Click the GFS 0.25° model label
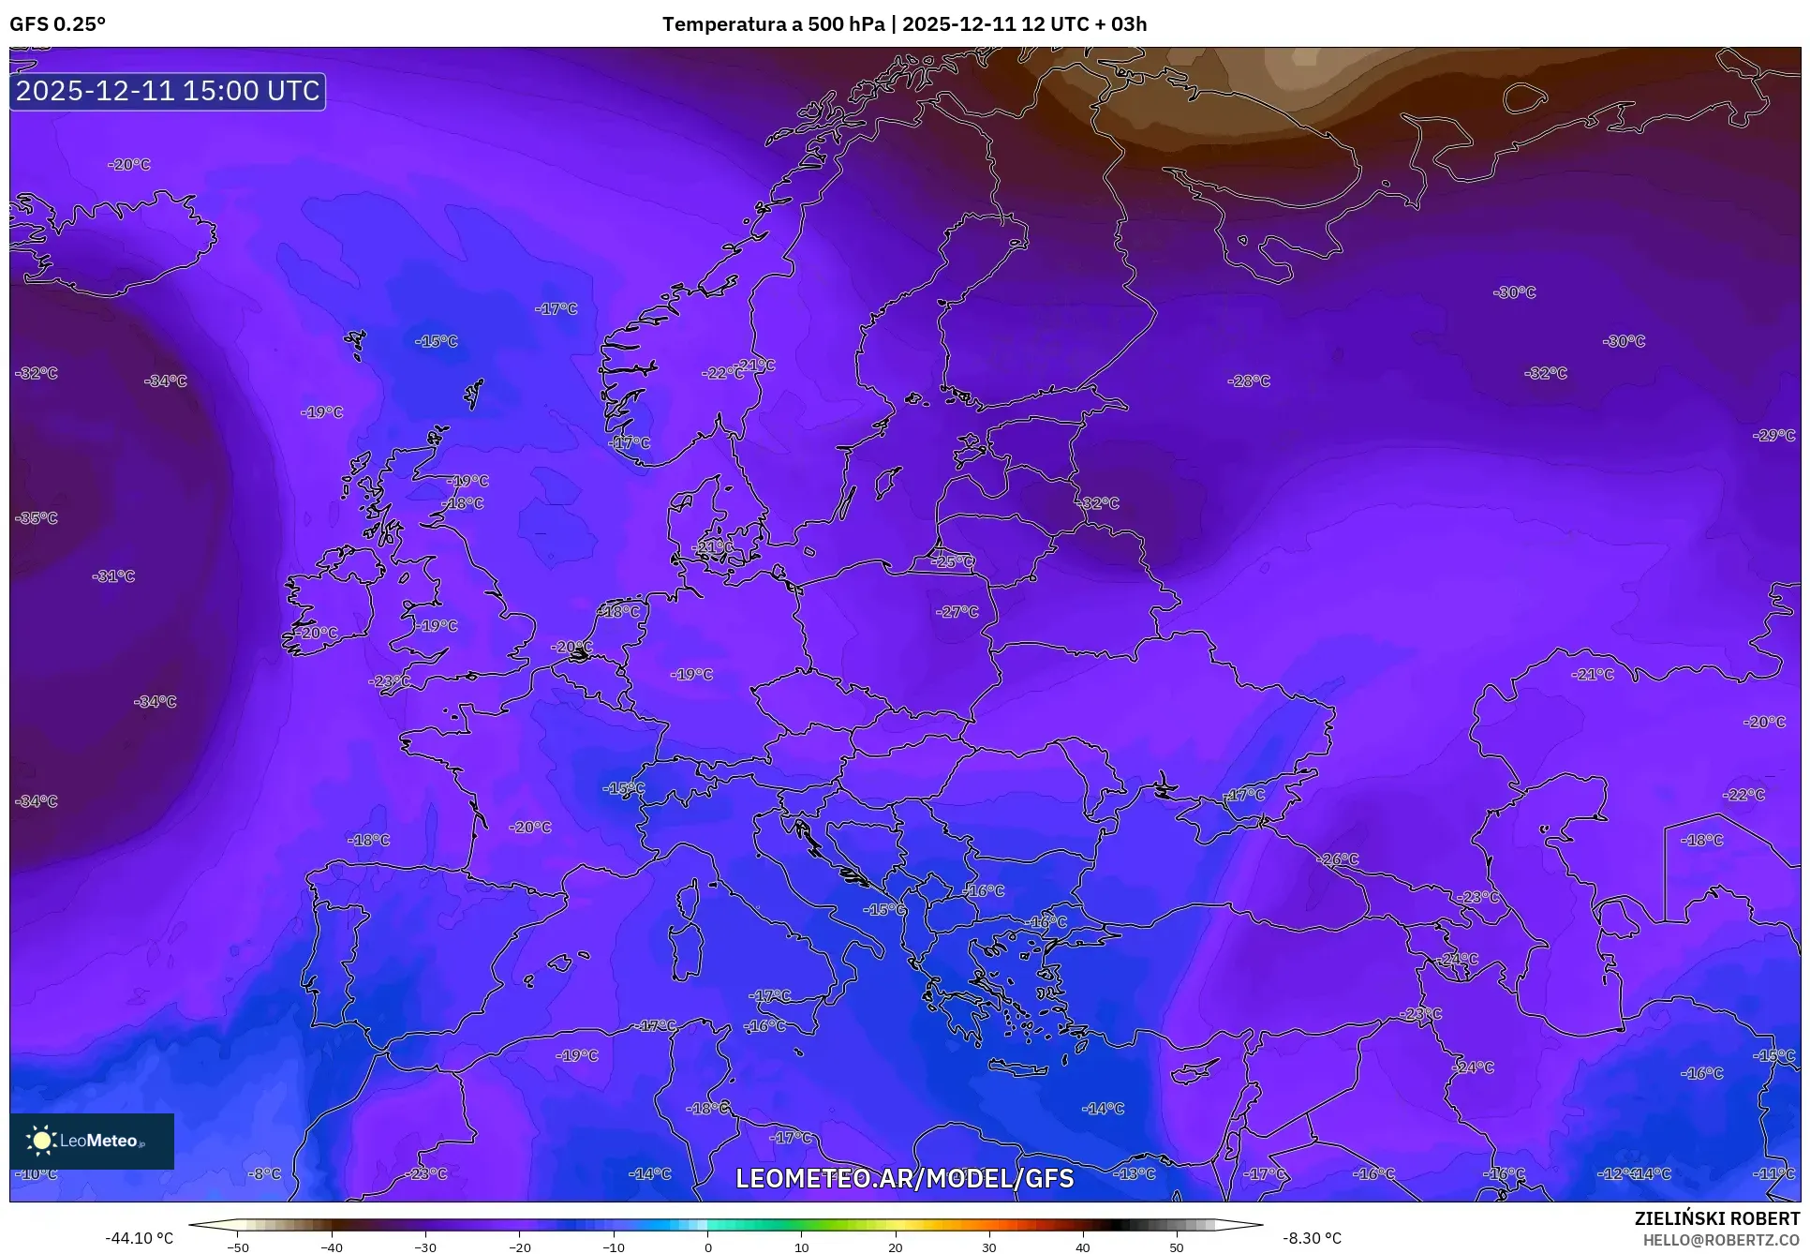click(x=57, y=24)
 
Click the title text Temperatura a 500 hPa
click(x=773, y=24)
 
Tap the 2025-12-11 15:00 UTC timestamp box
click(x=168, y=91)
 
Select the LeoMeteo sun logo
click(x=42, y=1141)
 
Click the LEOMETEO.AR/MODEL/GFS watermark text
click(x=904, y=1178)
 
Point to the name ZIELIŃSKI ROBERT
click(x=1716, y=1219)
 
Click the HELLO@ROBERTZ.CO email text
click(x=1721, y=1240)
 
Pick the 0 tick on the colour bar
click(x=707, y=1247)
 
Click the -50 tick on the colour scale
click(x=239, y=1247)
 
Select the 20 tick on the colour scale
click(x=895, y=1247)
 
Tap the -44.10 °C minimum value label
click(x=139, y=1238)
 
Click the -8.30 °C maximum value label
click(x=1311, y=1238)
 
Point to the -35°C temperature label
click(x=37, y=518)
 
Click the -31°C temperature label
click(x=113, y=576)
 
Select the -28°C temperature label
click(x=1249, y=381)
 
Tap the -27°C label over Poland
click(x=957, y=612)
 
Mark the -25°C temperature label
click(x=953, y=562)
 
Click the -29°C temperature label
click(x=1773, y=436)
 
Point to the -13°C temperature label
click(x=1135, y=1173)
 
